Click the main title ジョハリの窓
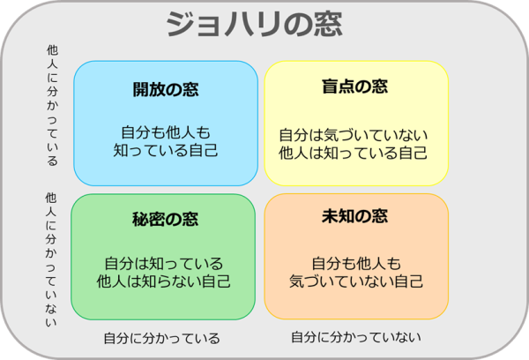tap(255, 24)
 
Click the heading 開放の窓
tap(166, 89)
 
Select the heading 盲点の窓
tap(355, 86)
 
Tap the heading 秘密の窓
tap(166, 219)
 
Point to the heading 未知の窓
tap(355, 216)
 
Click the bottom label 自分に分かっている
tap(162, 338)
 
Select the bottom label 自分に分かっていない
tap(356, 337)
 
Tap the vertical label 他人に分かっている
tap(52, 105)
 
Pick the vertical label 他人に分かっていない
tap(51, 259)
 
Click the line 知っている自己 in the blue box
tap(166, 150)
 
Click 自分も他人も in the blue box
tap(166, 132)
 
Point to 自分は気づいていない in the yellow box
tap(354, 135)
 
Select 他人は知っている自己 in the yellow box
tap(354, 153)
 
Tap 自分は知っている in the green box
tap(164, 264)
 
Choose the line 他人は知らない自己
tap(164, 281)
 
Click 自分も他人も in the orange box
tap(356, 264)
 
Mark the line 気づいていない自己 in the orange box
tap(356, 281)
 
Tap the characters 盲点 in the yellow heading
tap(338, 86)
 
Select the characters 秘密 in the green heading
tap(148, 219)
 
